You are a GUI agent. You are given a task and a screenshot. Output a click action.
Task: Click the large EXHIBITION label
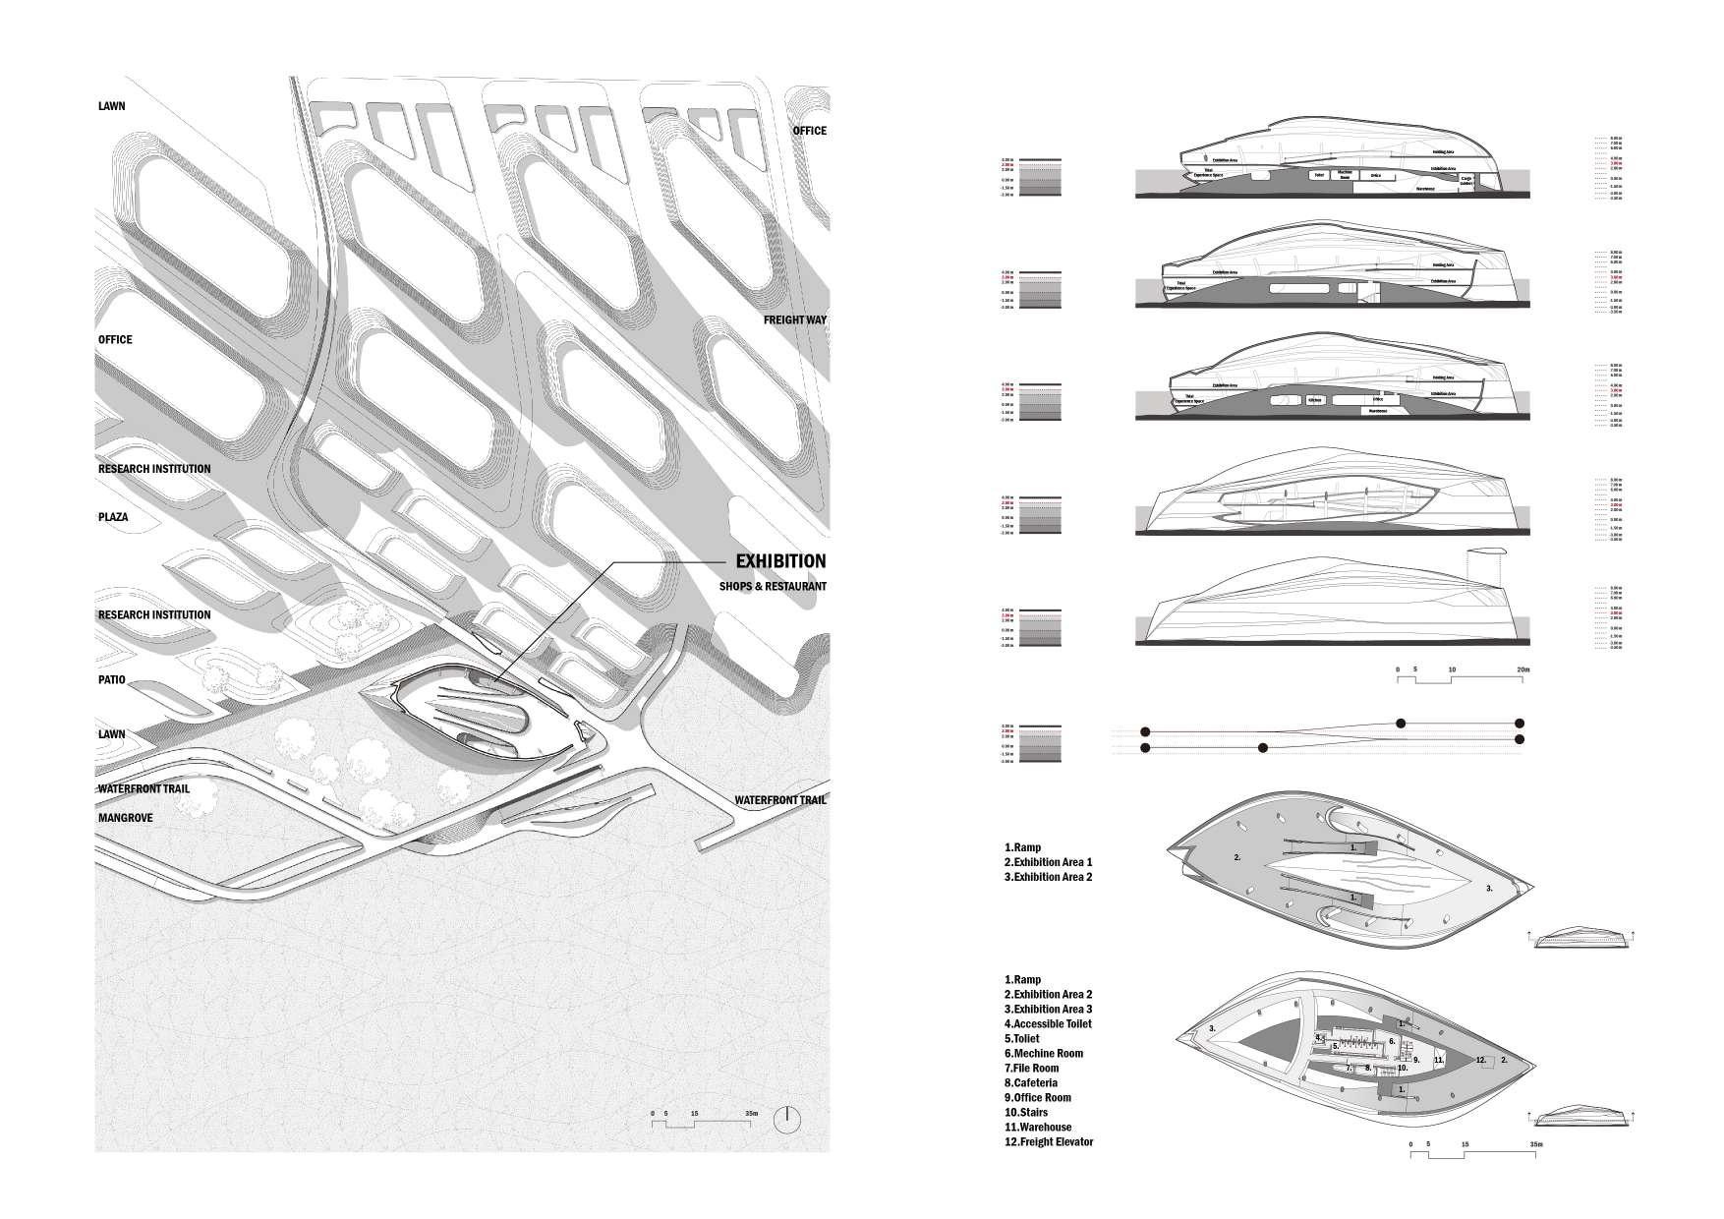tap(780, 561)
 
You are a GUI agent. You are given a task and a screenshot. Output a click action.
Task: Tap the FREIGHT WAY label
tap(795, 320)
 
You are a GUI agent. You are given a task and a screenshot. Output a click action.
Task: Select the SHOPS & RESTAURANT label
tap(773, 587)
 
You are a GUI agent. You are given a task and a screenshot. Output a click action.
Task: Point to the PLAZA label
tap(113, 517)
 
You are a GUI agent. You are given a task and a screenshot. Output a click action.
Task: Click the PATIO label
tap(111, 680)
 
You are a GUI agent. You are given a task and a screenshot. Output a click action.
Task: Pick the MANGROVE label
tap(126, 818)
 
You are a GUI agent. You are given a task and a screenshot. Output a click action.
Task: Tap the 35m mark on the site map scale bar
tap(751, 1114)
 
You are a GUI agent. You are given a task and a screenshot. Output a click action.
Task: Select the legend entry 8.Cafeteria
tap(1031, 1082)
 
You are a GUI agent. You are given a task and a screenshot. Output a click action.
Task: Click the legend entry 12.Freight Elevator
tap(1049, 1141)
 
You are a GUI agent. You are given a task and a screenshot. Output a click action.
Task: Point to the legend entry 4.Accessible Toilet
tap(1048, 1023)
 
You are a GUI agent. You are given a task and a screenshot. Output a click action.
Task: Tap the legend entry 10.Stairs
tap(1025, 1112)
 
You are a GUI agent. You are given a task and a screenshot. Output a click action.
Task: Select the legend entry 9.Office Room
tap(1038, 1097)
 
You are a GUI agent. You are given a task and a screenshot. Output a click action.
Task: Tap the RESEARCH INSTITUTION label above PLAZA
tap(154, 469)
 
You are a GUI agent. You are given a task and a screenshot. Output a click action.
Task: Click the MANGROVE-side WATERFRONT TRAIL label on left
tap(144, 788)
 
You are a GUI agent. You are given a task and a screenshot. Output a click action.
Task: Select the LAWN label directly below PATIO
tap(111, 734)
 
